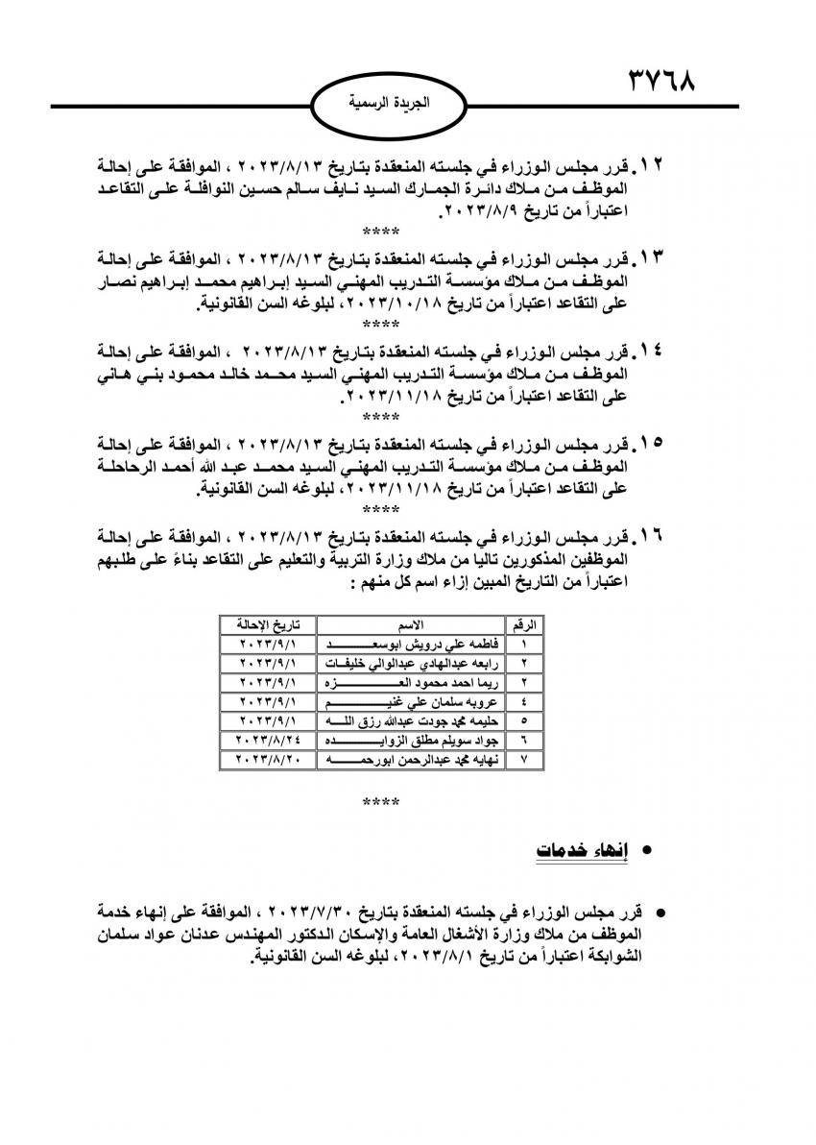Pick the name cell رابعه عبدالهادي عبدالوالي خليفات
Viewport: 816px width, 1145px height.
pyautogui.click(x=412, y=663)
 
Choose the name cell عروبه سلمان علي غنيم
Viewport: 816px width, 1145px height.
pyautogui.click(x=412, y=701)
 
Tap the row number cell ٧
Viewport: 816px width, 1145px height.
pyautogui.click(x=524, y=759)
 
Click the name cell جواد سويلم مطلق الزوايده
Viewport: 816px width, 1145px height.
pyautogui.click(x=412, y=740)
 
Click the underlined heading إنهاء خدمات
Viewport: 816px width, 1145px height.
pyautogui.click(x=574, y=851)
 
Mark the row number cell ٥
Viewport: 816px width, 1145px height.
pyautogui.click(x=524, y=720)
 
